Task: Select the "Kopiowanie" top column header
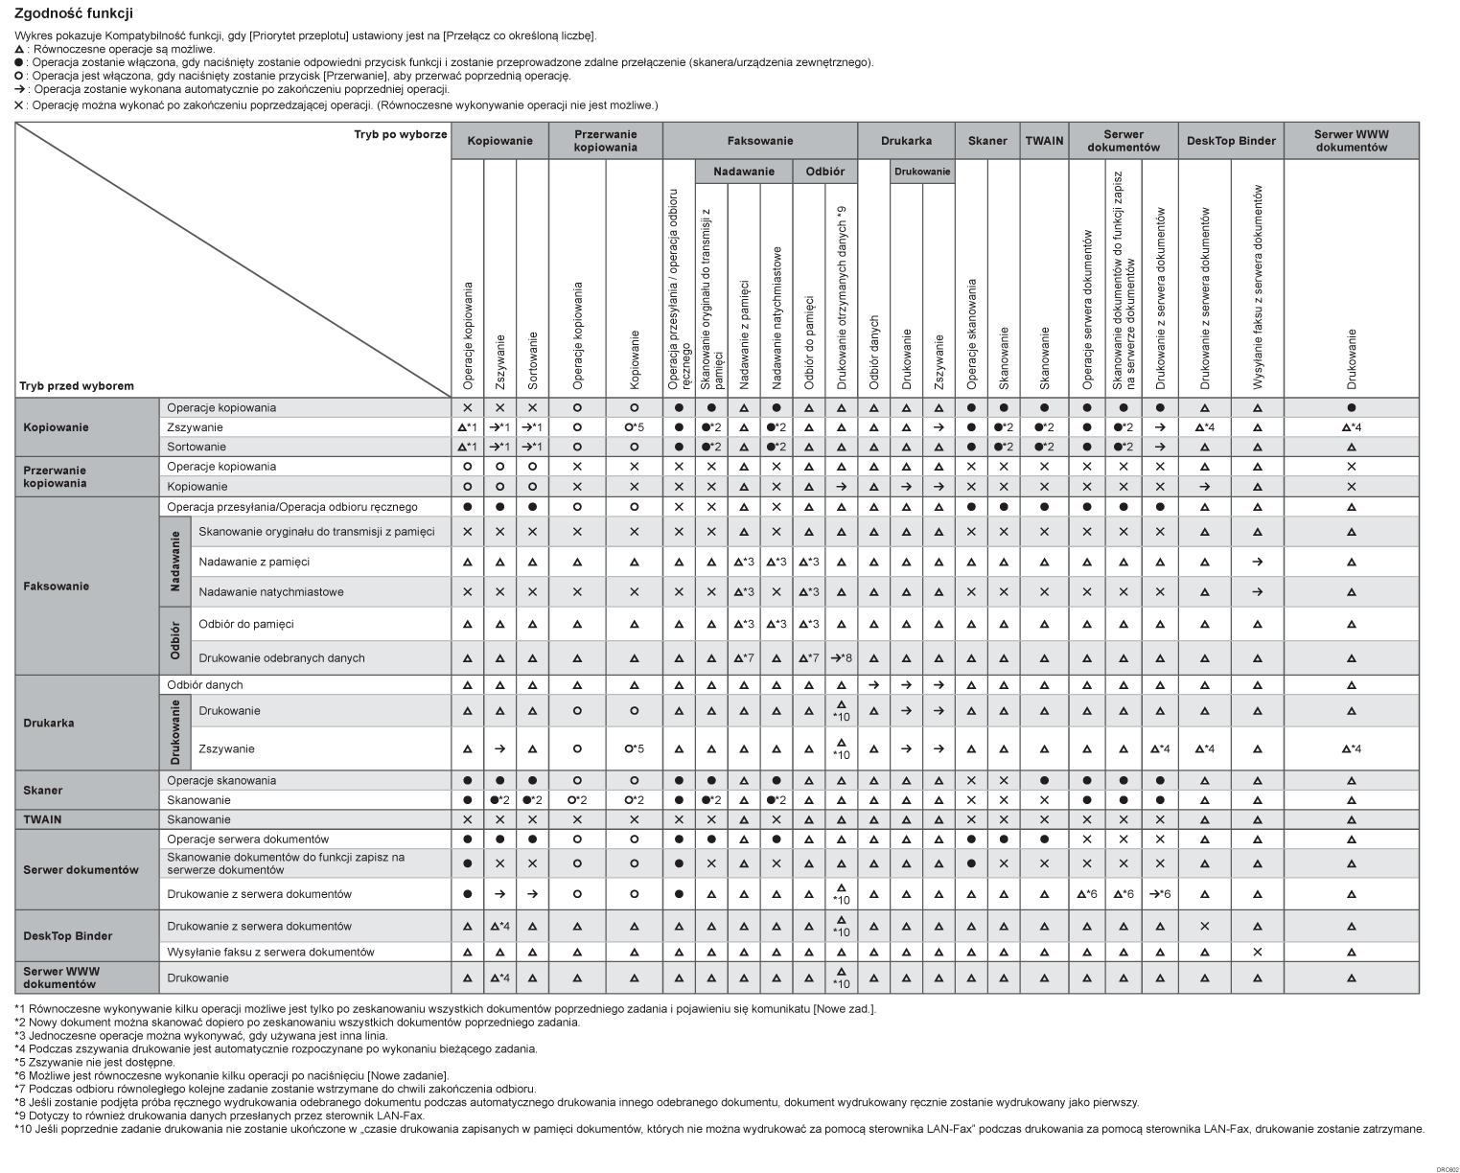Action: [499, 141]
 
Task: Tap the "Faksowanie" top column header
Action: [759, 141]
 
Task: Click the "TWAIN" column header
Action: [1044, 141]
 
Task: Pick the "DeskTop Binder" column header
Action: [1231, 141]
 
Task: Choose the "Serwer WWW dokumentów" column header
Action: [1351, 141]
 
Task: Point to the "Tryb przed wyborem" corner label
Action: [77, 386]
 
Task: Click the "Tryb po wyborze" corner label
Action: [400, 134]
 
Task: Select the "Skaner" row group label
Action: [43, 791]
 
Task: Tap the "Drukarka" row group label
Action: [49, 723]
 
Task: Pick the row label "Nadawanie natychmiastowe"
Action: [270, 592]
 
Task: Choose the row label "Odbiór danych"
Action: [205, 685]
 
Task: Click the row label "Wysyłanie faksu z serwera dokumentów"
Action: [270, 953]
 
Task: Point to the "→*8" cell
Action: [841, 658]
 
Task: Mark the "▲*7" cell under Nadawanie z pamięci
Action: [744, 658]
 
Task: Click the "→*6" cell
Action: [1160, 894]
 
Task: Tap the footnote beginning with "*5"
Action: [95, 1062]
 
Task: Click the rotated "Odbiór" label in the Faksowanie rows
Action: [174, 640]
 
